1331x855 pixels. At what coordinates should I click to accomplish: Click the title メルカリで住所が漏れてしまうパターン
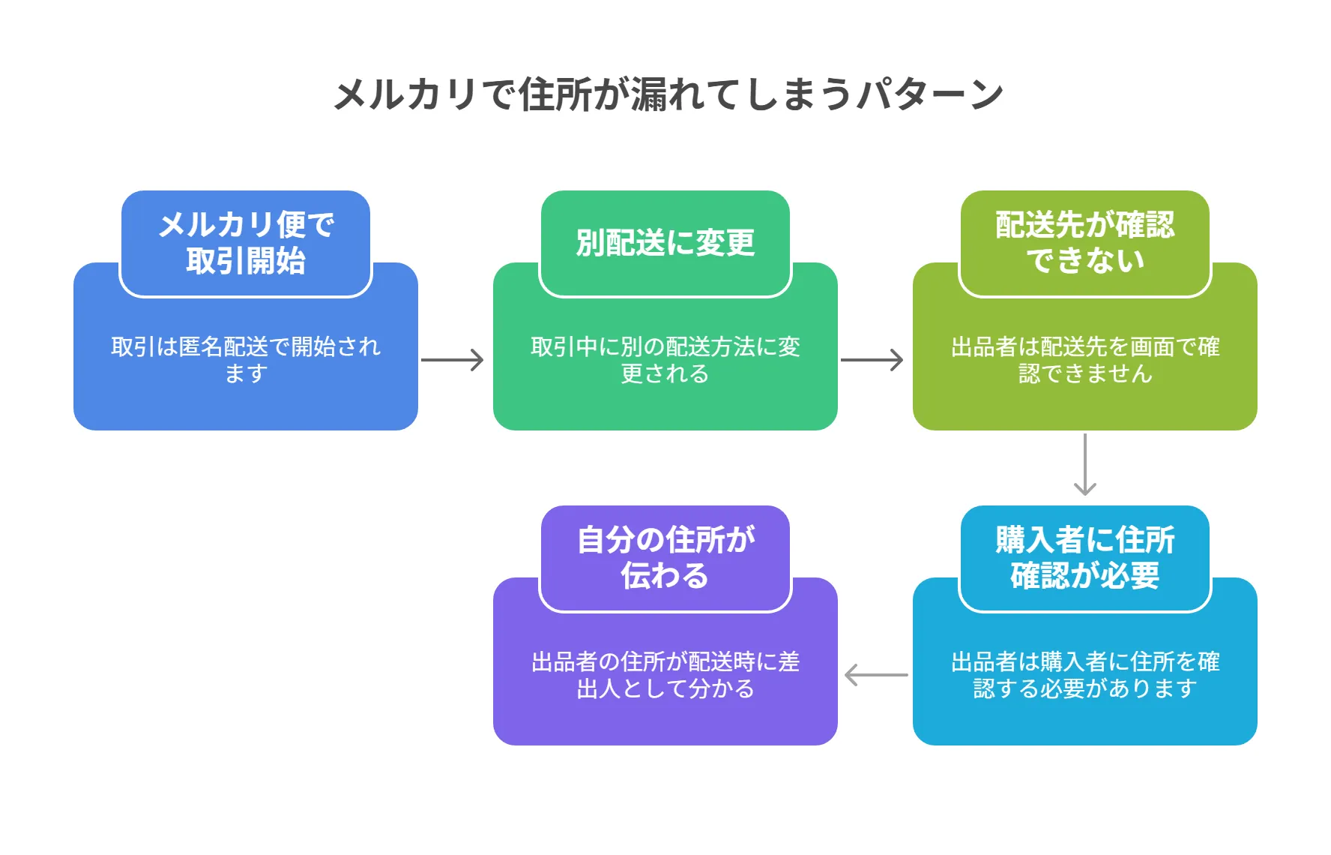click(x=667, y=94)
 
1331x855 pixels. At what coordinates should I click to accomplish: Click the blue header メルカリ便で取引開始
click(x=246, y=243)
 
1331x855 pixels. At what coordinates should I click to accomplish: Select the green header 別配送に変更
click(x=665, y=243)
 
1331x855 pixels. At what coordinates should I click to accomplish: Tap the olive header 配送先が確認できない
click(x=1084, y=243)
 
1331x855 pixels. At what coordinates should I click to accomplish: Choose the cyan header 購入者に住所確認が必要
click(x=1084, y=558)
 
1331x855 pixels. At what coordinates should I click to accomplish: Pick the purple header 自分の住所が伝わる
click(x=665, y=558)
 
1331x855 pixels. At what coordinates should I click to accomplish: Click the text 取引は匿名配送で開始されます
click(x=246, y=360)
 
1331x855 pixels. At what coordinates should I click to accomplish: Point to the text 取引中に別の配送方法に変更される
click(x=665, y=360)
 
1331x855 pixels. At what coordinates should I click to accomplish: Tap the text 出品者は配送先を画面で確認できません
click(x=1084, y=360)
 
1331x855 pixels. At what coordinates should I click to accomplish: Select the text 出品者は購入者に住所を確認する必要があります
click(x=1084, y=675)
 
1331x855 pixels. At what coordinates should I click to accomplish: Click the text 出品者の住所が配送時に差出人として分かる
click(x=665, y=675)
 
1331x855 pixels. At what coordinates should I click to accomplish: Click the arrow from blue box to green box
click(x=453, y=360)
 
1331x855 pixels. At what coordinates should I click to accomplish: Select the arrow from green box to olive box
click(x=872, y=360)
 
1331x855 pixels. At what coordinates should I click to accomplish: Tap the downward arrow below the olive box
click(x=1085, y=465)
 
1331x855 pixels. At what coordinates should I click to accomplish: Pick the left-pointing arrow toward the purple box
click(x=875, y=675)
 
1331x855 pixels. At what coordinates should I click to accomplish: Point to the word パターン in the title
click(x=929, y=94)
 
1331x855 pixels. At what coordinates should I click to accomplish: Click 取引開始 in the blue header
click(x=246, y=261)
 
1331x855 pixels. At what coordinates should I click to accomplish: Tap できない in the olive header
click(x=1084, y=261)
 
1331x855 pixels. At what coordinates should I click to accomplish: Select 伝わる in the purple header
click(x=665, y=576)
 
